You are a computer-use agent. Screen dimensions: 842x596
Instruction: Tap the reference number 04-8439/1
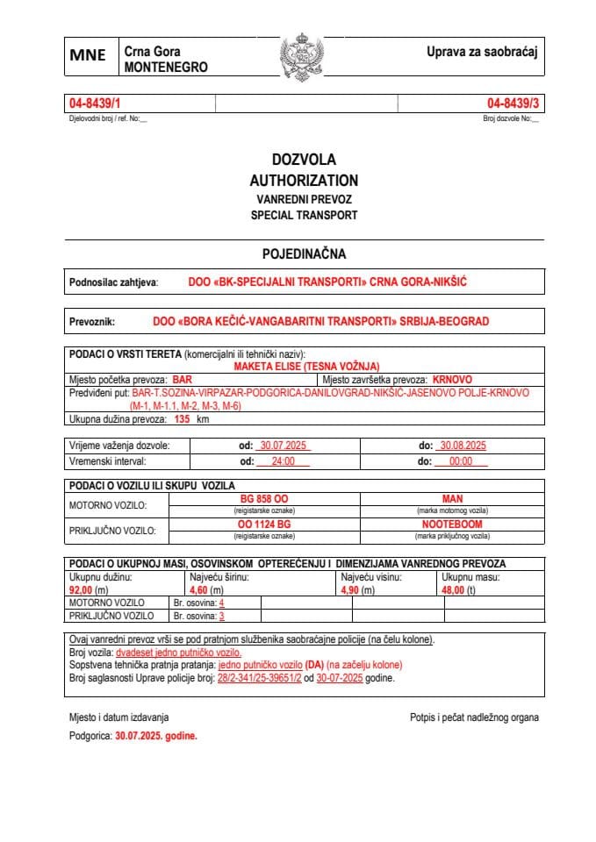click(x=94, y=104)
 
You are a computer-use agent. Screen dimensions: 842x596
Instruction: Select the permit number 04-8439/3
click(x=513, y=104)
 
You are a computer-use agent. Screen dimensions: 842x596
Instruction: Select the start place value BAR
click(x=182, y=380)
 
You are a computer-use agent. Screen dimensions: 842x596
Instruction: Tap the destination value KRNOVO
click(x=453, y=380)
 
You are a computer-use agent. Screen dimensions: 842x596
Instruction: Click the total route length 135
click(x=183, y=419)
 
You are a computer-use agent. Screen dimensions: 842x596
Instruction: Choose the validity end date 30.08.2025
click(x=463, y=446)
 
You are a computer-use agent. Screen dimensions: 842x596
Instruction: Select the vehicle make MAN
click(x=452, y=498)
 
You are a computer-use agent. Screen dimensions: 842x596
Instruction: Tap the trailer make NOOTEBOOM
click(x=452, y=524)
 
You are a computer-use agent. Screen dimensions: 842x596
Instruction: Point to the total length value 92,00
click(x=81, y=591)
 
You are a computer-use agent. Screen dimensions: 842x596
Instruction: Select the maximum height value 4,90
click(x=351, y=591)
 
